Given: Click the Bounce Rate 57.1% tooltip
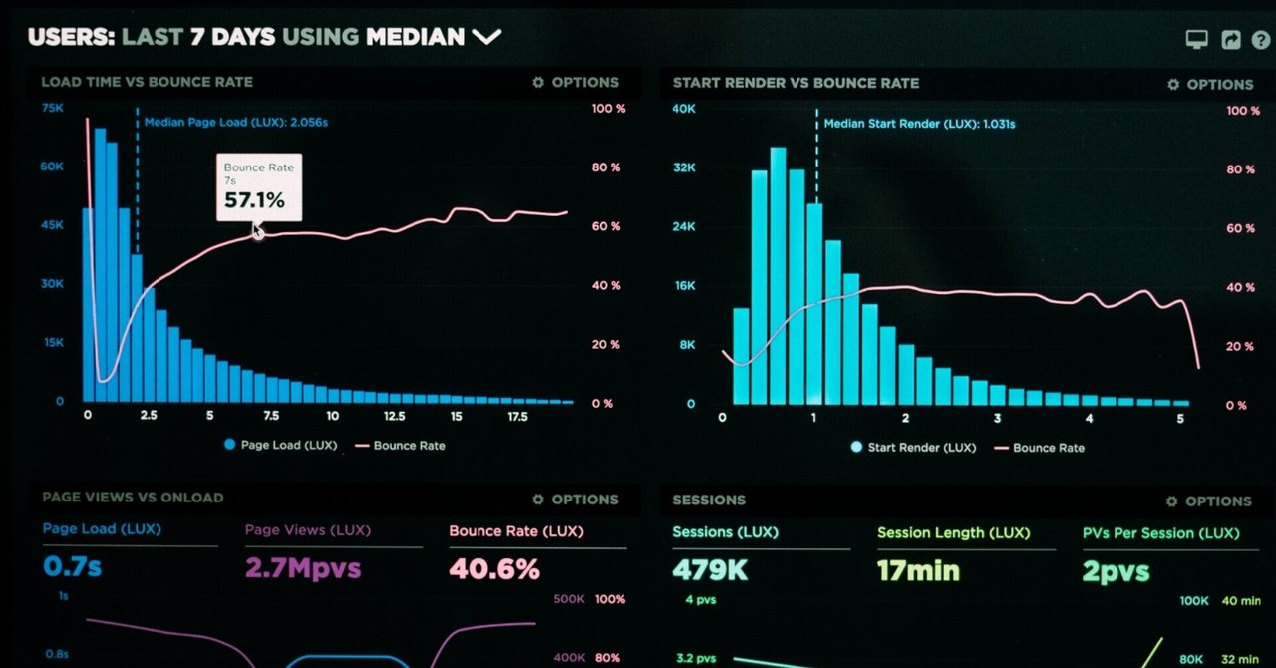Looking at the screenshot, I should tap(258, 187).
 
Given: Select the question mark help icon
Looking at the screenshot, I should tap(1261, 40).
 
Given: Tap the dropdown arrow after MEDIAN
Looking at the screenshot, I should tap(486, 37).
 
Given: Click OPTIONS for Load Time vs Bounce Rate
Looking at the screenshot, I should tap(575, 83).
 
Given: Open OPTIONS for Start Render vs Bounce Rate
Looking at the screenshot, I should tap(1210, 85).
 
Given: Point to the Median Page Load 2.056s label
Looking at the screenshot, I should tap(236, 122).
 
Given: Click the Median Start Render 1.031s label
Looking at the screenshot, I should tap(919, 124).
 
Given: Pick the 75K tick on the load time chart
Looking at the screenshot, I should tap(52, 108).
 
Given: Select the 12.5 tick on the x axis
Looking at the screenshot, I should tap(394, 416).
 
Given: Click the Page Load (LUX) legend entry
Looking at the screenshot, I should tap(280, 445).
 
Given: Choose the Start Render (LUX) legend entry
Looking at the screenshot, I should tap(912, 447).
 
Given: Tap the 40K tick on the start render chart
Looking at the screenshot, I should tap(683, 109).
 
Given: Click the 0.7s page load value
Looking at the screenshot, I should tap(72, 568).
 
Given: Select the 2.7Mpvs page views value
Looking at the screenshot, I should tap(303, 569).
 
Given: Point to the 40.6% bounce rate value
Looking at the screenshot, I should tap(494, 569).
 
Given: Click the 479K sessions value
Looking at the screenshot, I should tap(709, 570).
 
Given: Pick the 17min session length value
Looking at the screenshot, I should tap(918, 570).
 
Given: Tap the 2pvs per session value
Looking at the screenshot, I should tap(1116, 571).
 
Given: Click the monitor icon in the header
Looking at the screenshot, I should tap(1196, 39).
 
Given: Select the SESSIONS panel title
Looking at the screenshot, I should tap(709, 500).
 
